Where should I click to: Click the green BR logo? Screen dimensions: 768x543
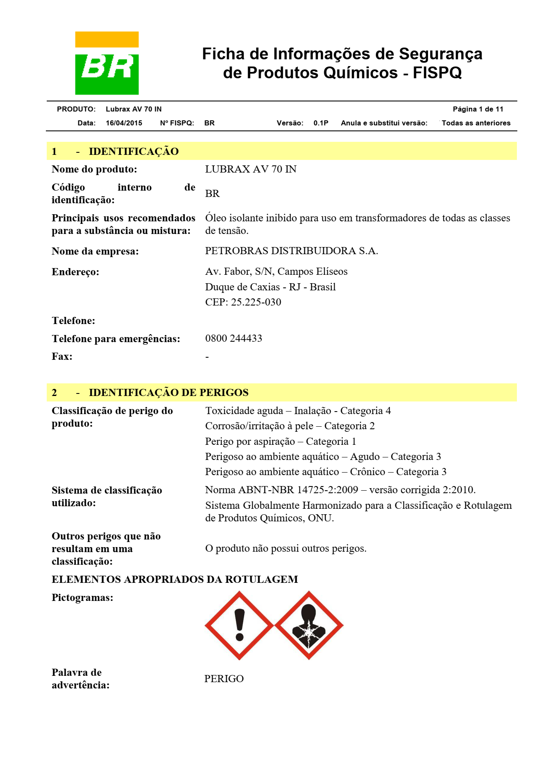(107, 63)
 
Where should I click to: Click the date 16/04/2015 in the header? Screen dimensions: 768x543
(124, 123)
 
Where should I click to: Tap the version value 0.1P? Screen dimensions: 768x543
(321, 123)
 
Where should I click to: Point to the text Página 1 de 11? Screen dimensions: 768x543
(478, 109)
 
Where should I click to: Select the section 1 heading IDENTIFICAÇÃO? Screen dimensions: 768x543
(133, 151)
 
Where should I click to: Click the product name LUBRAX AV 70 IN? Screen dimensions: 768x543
(251, 169)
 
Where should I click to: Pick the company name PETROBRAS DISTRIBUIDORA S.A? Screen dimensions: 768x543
(291, 251)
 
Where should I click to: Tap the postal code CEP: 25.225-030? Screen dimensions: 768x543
(243, 302)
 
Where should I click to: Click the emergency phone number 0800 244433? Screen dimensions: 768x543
(234, 338)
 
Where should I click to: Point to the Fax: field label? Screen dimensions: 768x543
(62, 356)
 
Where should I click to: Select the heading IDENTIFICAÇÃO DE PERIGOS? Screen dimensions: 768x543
(168, 393)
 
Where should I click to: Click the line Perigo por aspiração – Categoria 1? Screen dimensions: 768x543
(280, 441)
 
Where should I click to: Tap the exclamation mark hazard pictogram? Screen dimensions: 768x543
(239, 625)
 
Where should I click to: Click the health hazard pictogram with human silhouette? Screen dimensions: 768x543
(309, 625)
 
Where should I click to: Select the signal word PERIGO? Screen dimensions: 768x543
(224, 679)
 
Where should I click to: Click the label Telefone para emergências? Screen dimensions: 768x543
(116, 339)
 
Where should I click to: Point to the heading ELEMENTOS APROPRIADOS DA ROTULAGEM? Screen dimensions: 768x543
(175, 579)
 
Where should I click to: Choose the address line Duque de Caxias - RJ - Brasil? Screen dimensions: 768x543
(270, 287)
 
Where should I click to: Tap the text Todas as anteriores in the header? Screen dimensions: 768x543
(476, 123)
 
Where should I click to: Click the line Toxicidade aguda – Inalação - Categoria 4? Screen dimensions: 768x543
(298, 411)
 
